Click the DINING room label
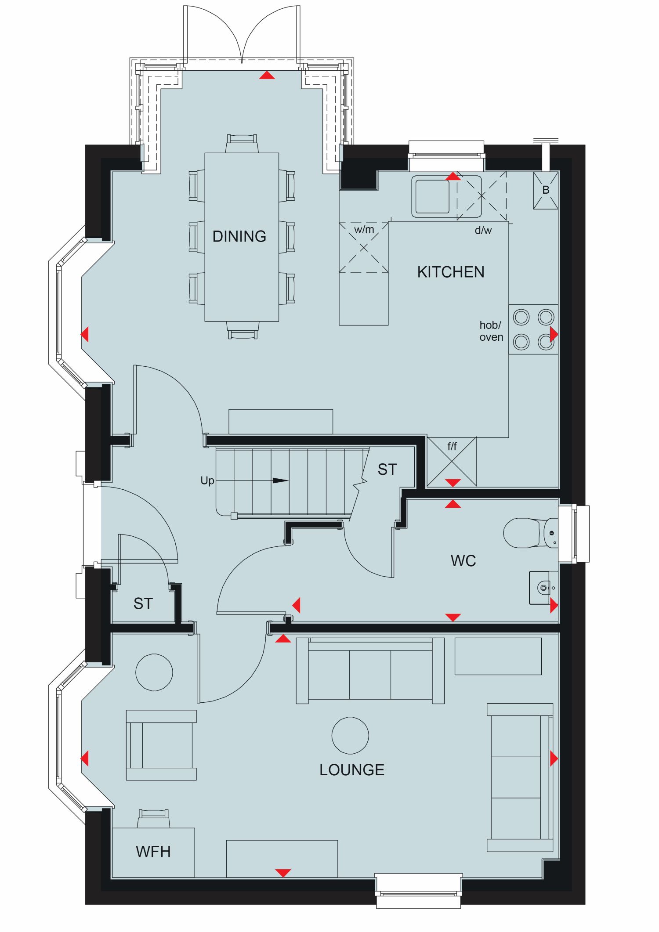239,236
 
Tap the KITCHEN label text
451,272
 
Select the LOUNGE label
352,770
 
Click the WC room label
463,561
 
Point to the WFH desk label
153,852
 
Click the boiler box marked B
546,190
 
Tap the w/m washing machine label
364,230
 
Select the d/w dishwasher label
483,230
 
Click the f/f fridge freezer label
452,446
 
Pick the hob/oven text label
491,331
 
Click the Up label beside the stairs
207,480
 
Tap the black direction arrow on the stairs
281,480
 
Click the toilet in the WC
530,533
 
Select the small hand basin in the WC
543,588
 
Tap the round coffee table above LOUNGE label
350,735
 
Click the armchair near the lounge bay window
161,745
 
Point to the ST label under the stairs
387,470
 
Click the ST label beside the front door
143,603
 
